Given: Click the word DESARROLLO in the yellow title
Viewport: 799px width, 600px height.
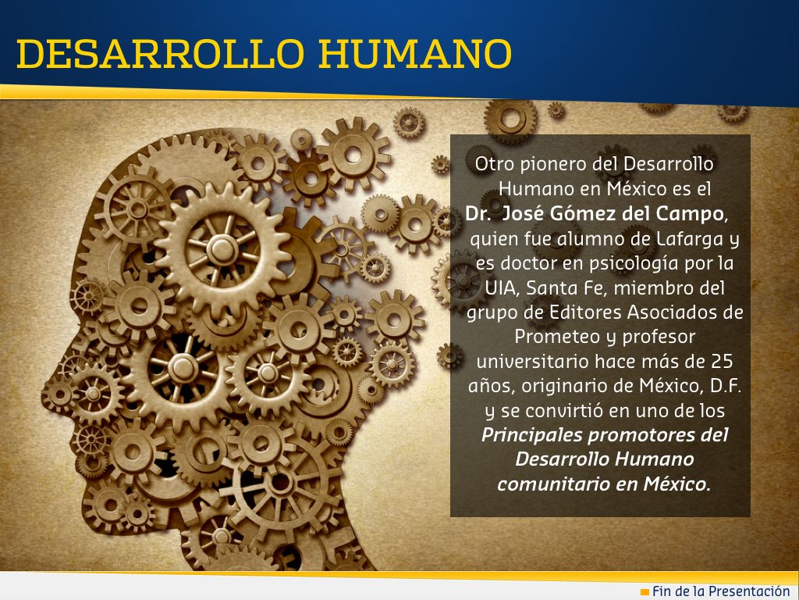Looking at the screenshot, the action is (x=161, y=54).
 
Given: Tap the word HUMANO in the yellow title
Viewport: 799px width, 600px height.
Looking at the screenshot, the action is (x=415, y=54).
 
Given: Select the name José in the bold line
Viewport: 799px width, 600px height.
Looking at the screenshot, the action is (x=524, y=213).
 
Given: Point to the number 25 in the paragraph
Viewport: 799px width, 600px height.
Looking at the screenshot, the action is (x=722, y=361).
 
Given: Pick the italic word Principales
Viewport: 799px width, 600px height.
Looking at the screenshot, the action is (x=531, y=435).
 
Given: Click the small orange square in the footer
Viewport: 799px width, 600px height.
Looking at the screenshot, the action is (x=645, y=592).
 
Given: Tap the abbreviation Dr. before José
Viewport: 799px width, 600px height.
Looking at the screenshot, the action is (x=478, y=214).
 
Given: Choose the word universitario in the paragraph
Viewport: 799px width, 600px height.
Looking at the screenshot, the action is (x=531, y=361).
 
